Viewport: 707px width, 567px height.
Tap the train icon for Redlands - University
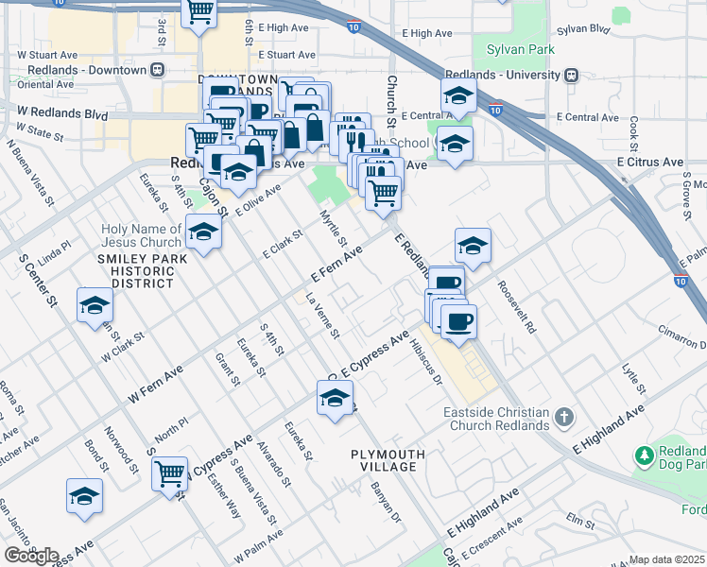tap(572, 74)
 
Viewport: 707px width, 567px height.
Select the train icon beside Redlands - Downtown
tap(159, 70)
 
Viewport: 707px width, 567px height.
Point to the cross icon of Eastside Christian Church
tap(563, 416)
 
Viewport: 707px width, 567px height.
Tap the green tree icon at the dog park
tap(646, 455)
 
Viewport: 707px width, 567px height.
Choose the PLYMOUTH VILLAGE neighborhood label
tap(384, 460)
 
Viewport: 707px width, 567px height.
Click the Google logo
tap(30, 555)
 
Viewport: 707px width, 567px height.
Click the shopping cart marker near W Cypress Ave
tap(170, 472)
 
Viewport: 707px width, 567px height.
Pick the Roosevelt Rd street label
tap(517, 308)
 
